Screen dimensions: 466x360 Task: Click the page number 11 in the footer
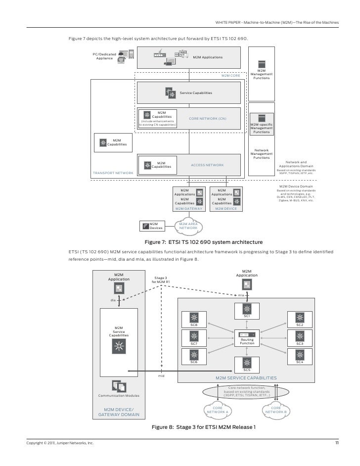click(337, 442)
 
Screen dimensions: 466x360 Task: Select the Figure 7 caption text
click(203, 242)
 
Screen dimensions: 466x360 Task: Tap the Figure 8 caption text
click(203, 426)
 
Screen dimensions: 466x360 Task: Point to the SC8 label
click(193, 325)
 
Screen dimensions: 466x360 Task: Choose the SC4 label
click(299, 362)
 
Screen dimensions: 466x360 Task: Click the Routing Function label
click(247, 342)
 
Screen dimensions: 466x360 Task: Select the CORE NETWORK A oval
click(217, 410)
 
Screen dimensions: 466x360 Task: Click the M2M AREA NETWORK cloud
click(188, 226)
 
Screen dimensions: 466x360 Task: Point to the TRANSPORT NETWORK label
click(113, 173)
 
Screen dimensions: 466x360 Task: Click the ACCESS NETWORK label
click(207, 165)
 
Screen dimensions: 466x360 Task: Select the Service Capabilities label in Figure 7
click(196, 93)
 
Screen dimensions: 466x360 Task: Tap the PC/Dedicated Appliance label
click(104, 56)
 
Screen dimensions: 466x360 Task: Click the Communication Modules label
click(119, 396)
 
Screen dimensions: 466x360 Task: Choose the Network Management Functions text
click(262, 154)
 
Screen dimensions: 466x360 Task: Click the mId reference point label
click(161, 376)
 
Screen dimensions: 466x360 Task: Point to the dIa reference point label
click(112, 300)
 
